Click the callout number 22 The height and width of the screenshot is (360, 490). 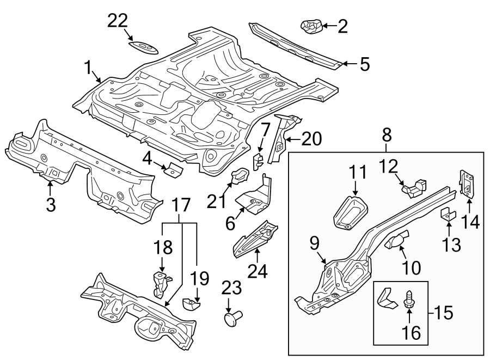(118, 21)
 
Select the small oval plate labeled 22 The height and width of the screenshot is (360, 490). (144, 46)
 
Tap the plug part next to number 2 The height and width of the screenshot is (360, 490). (310, 26)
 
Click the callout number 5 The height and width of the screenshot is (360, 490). (364, 64)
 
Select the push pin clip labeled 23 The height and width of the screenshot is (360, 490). (232, 316)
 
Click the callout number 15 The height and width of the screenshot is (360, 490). (444, 314)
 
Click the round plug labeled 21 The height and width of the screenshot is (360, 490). (239, 178)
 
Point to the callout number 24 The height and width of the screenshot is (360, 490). (259, 271)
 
